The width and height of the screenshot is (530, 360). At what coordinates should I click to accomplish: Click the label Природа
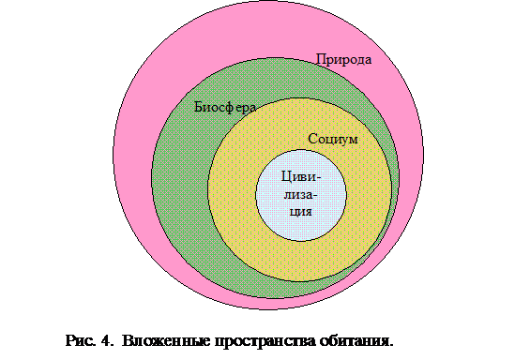pyautogui.click(x=343, y=60)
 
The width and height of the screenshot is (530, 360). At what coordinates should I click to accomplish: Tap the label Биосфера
pyautogui.click(x=225, y=108)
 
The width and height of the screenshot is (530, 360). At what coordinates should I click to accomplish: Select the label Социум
pyautogui.click(x=333, y=139)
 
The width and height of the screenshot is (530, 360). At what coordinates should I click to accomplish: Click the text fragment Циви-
pyautogui.click(x=301, y=176)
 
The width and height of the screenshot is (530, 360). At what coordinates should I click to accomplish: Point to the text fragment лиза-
pyautogui.click(x=300, y=195)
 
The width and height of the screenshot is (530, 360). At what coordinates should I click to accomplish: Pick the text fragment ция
pyautogui.click(x=301, y=212)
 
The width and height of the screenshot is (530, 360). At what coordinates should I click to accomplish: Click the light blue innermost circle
pyautogui.click(x=301, y=230)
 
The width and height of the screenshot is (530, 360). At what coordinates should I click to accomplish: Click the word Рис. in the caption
pyautogui.click(x=81, y=340)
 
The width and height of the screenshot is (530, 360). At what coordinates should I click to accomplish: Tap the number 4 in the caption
pyautogui.click(x=105, y=340)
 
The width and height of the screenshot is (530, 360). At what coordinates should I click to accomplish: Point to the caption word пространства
pyautogui.click(x=265, y=341)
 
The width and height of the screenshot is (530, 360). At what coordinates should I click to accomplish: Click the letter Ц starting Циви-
pyautogui.click(x=287, y=176)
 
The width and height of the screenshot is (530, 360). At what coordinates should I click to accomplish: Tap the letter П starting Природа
pyautogui.click(x=321, y=59)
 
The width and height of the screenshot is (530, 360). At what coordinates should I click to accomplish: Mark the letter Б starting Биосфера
pyautogui.click(x=199, y=107)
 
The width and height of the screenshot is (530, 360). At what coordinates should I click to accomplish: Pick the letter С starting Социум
pyautogui.click(x=312, y=139)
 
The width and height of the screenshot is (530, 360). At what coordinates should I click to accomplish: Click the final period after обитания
pyautogui.click(x=391, y=345)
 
